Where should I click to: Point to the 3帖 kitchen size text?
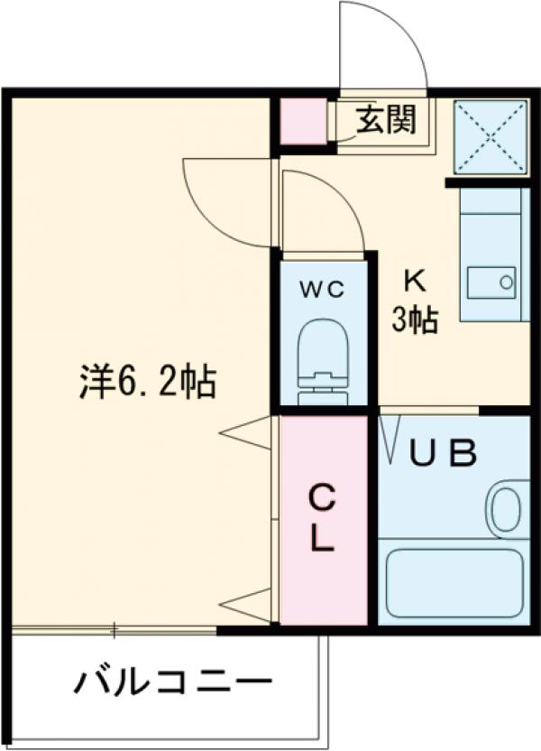(414, 319)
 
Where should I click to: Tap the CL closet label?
(322, 518)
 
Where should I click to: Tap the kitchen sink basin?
(490, 282)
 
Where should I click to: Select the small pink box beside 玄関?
(299, 121)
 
